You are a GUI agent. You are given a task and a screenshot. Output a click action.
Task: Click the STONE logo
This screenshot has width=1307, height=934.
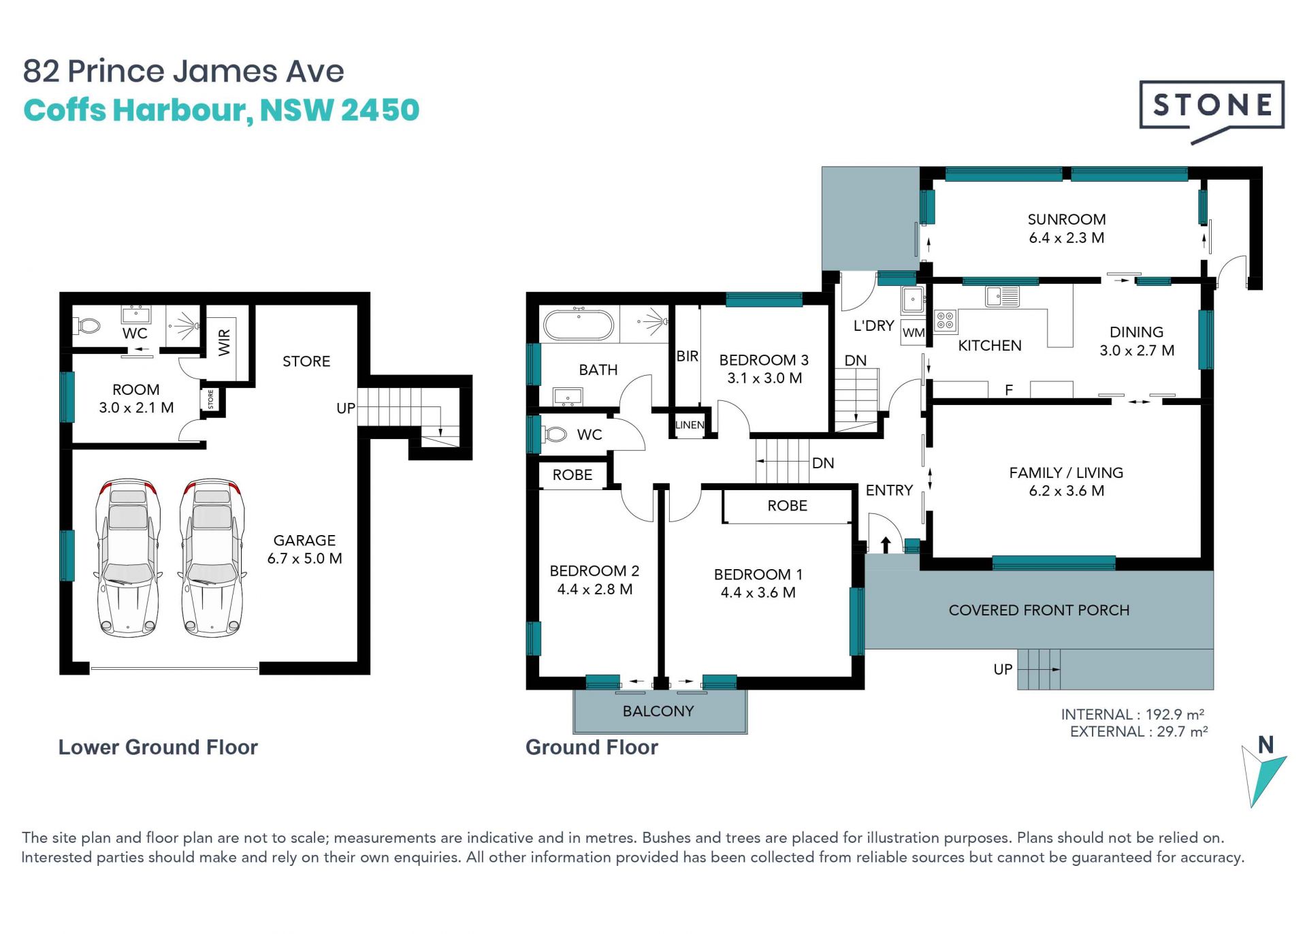click(1212, 109)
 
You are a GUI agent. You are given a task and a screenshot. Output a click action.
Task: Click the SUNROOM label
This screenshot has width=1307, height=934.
click(1067, 219)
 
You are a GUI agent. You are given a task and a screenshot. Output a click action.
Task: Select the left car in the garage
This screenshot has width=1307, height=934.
click(129, 558)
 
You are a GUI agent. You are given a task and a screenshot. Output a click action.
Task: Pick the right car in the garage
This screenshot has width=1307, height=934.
click(212, 558)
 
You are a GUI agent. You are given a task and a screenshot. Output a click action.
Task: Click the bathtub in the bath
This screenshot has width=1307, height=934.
click(579, 325)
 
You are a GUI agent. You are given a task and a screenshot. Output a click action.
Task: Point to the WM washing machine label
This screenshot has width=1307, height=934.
click(914, 333)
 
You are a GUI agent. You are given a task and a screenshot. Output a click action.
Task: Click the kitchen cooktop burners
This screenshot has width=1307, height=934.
click(946, 321)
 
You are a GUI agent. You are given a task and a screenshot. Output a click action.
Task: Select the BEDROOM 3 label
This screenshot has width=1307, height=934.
click(764, 359)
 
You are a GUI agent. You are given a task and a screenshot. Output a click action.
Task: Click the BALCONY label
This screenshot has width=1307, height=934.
click(658, 711)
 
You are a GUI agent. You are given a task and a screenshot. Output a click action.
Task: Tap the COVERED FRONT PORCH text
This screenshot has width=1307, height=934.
click(1039, 610)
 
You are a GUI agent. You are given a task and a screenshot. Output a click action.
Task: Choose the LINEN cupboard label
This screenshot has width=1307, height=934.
click(690, 425)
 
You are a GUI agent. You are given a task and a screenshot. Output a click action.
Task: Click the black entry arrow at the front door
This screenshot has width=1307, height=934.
click(886, 545)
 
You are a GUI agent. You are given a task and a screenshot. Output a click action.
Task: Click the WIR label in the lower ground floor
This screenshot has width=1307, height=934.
click(224, 342)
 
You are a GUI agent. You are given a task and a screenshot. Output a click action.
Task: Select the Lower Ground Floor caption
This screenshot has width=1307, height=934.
click(158, 747)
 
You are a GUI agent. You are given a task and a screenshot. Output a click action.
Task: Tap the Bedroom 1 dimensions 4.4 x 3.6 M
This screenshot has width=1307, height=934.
click(758, 592)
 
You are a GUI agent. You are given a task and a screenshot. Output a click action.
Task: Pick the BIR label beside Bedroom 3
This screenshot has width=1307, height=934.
click(688, 356)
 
